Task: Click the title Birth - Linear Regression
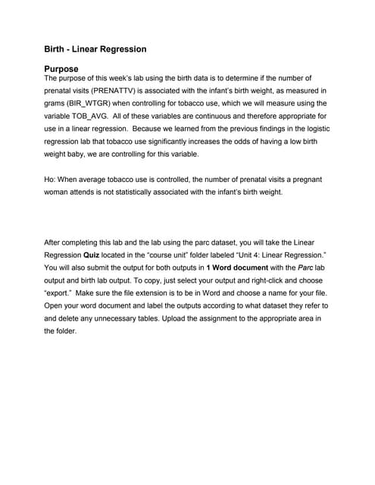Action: pyautogui.click(x=95, y=49)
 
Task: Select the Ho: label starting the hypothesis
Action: pyautogui.click(x=52, y=180)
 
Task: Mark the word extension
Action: pyautogui.click(x=167, y=295)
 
